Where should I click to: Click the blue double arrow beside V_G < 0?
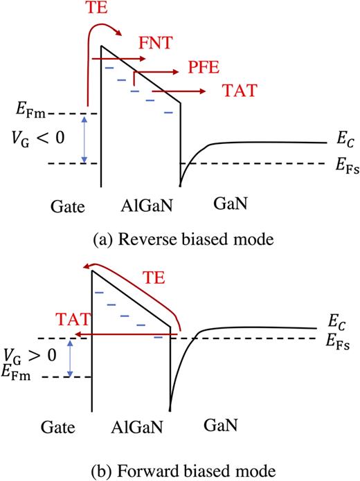[84, 139]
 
